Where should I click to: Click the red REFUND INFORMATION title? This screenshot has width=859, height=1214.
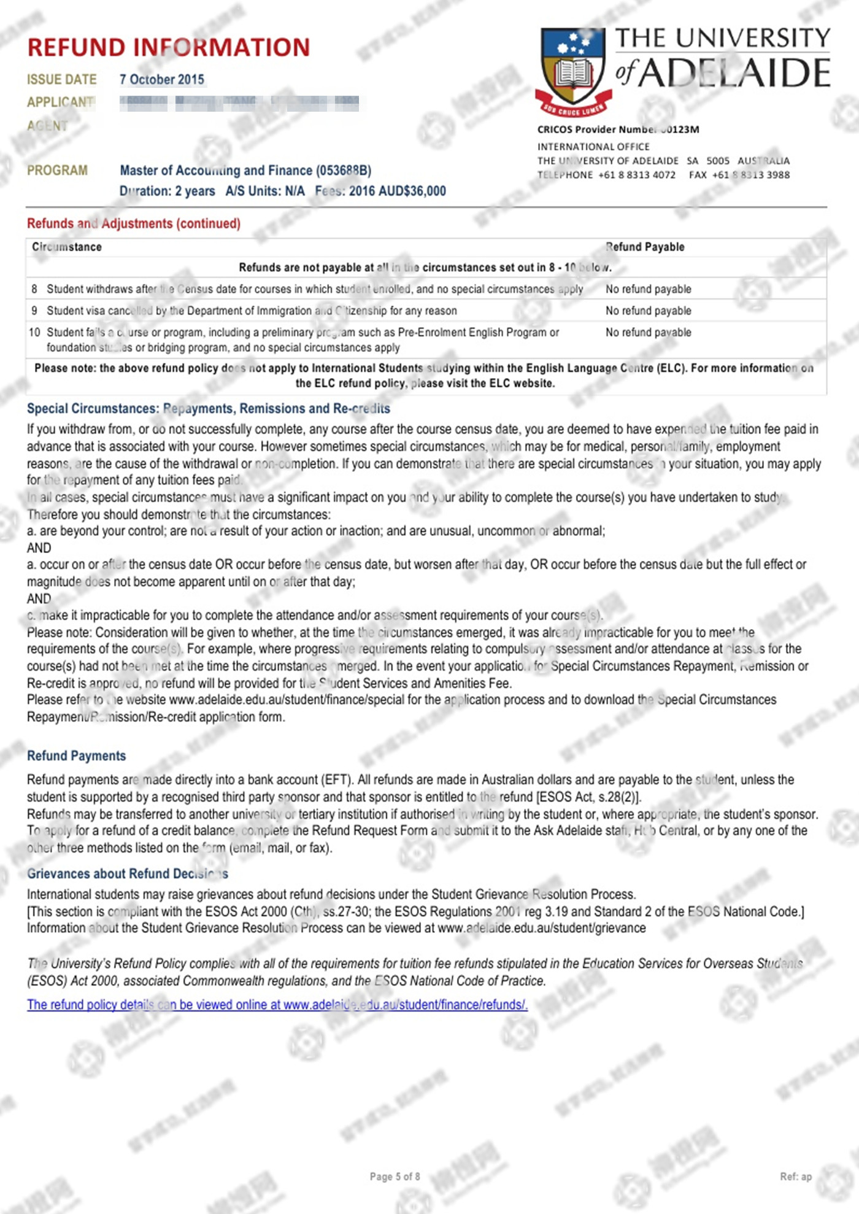coord(169,47)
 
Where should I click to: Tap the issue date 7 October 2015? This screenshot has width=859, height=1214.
coord(162,79)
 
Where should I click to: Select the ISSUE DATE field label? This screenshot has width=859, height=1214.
coord(61,79)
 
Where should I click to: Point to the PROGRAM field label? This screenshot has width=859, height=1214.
coord(57,170)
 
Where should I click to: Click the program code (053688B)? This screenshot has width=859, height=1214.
coord(343,170)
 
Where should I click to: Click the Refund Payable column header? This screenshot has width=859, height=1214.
coord(645,247)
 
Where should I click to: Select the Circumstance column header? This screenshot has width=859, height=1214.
coord(67,247)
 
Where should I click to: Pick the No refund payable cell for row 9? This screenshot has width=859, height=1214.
coord(648,311)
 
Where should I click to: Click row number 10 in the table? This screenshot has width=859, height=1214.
coord(34,332)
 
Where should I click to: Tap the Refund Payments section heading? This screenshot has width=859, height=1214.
coord(76,756)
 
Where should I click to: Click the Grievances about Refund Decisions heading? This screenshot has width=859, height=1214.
coord(128,873)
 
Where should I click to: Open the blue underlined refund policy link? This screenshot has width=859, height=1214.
coord(277,1005)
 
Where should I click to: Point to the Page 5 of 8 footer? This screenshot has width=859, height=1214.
coord(395,1177)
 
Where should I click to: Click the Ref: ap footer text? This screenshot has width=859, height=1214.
coord(795,1177)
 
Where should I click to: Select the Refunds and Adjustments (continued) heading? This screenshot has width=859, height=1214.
coord(133,223)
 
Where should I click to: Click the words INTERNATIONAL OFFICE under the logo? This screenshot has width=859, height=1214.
coord(593,147)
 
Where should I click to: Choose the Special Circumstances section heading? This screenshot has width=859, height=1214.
coord(208,408)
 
